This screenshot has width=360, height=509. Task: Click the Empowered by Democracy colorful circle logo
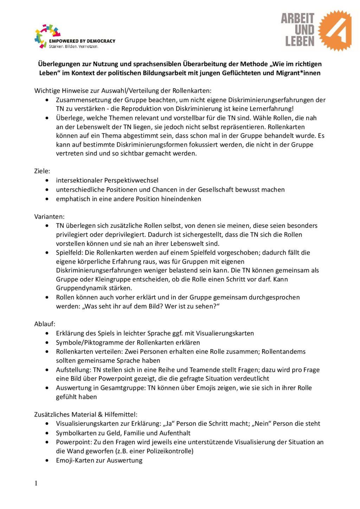coord(47,36)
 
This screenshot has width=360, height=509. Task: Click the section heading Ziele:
coord(42,171)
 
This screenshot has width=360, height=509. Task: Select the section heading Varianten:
coord(49,217)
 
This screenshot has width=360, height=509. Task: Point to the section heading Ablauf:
coord(45,324)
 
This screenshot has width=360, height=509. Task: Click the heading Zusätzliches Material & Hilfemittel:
coord(86,414)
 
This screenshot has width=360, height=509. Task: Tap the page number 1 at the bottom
coord(36,483)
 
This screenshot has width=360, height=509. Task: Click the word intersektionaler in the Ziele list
coord(79,180)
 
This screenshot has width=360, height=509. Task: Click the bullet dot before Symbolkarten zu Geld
coord(47,433)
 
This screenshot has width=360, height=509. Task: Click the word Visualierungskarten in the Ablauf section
coord(225,333)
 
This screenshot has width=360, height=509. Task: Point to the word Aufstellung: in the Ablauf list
coord(73,369)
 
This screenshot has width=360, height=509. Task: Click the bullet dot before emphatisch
coord(47,199)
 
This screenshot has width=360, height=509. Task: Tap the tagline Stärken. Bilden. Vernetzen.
coord(74,46)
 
